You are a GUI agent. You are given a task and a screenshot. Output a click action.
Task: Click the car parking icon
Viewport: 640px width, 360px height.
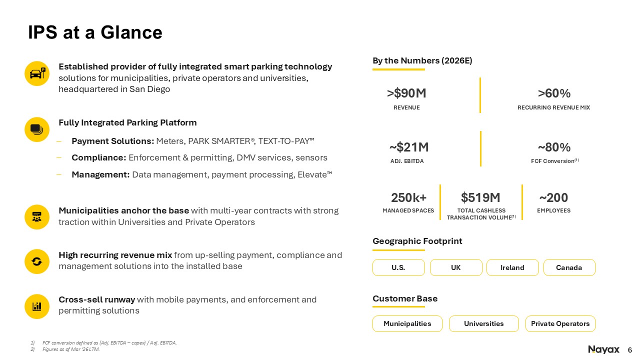[37, 73]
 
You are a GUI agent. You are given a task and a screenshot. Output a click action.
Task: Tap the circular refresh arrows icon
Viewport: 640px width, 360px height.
[37, 261]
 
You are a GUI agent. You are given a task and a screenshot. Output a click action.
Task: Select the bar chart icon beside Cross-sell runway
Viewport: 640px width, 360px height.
[37, 306]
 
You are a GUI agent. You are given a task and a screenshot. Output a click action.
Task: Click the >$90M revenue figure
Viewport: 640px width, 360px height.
[406, 93]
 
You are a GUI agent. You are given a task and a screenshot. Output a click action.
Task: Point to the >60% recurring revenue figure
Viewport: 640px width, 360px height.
[554, 93]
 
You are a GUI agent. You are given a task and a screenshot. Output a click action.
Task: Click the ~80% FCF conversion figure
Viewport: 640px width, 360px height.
[554, 147]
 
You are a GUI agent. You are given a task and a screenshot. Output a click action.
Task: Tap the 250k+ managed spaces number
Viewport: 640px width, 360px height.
[408, 197]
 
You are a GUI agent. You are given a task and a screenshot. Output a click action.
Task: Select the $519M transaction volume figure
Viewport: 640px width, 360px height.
[480, 197]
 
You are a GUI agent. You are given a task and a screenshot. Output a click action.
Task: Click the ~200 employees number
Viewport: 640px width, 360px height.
[553, 197]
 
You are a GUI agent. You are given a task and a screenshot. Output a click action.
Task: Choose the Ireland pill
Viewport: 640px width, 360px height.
[512, 267]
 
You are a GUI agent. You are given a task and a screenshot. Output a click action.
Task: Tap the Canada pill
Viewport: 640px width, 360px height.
[569, 267]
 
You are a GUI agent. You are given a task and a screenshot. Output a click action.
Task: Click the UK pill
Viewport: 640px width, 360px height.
[456, 267]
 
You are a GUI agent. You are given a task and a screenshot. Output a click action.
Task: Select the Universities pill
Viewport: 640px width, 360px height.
[483, 323]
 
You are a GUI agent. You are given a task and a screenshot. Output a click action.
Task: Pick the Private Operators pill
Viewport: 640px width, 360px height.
[560, 323]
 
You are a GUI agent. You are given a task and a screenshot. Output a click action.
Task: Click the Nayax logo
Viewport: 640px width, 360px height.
[603, 349]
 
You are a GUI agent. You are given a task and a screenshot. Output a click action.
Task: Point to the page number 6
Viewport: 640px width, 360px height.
[629, 350]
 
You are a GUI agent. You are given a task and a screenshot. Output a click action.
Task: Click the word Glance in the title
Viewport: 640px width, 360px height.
[131, 32]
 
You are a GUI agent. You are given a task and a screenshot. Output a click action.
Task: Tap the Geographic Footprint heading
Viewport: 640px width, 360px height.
[417, 241]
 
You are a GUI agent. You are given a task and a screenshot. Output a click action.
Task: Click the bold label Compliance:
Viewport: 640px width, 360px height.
[99, 157]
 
